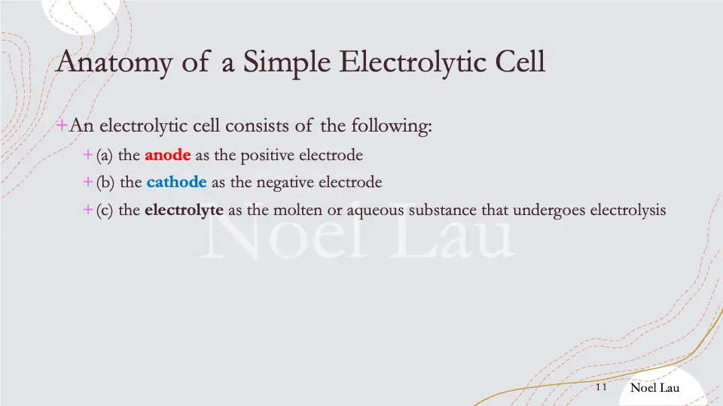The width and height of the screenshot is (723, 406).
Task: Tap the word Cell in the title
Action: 519,61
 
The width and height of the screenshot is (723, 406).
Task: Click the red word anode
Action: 167,156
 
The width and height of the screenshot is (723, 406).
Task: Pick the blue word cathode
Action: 176,182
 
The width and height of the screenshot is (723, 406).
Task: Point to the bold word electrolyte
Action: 184,210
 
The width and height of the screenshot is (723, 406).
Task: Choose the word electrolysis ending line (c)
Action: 627,210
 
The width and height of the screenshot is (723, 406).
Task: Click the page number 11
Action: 601,387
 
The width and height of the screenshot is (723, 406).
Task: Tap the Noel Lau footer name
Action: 654,387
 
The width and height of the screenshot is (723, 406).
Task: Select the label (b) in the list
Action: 105,182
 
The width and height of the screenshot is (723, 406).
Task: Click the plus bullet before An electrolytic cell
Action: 63,125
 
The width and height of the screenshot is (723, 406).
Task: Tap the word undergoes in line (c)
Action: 550,210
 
